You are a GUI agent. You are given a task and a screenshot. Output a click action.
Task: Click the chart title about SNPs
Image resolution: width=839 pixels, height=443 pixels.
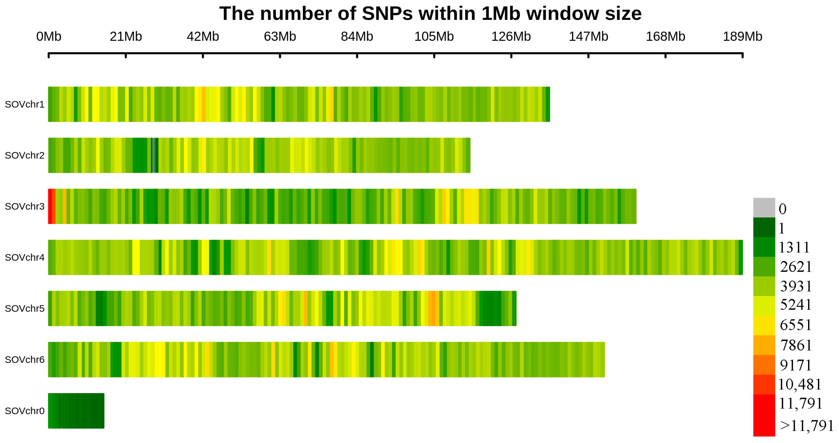tap(430, 14)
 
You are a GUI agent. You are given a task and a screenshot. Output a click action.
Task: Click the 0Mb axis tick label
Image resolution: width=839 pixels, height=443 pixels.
tap(48, 37)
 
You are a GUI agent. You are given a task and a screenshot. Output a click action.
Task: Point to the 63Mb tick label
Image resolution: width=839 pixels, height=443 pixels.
tap(280, 37)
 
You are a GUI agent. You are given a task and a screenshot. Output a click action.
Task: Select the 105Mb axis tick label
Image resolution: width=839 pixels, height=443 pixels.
tap(434, 37)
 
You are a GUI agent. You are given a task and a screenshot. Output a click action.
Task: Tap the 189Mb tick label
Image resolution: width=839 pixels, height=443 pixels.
tap(742, 37)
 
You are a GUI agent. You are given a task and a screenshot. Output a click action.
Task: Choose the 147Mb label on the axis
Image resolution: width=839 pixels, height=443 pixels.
tap(588, 37)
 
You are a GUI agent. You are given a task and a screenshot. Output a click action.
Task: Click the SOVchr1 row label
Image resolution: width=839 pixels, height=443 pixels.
tap(24, 105)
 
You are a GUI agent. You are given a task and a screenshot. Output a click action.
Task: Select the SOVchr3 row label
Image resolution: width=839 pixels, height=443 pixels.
tap(24, 206)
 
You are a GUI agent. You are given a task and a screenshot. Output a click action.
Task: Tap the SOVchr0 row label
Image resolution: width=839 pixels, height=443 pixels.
tap(24, 411)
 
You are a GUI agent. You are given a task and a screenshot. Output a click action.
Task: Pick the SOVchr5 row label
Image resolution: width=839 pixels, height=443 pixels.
tap(24, 308)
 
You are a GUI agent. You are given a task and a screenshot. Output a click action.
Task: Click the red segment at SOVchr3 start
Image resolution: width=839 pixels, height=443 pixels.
tap(50, 206)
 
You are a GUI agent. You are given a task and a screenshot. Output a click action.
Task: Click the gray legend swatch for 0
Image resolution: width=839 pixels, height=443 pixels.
tap(764, 208)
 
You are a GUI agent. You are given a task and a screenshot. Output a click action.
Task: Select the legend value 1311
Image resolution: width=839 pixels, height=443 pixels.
tap(794, 247)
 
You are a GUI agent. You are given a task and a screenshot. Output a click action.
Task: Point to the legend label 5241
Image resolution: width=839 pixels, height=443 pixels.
tap(796, 305)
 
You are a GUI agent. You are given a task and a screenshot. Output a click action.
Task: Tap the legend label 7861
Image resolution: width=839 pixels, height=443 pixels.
tap(796, 345)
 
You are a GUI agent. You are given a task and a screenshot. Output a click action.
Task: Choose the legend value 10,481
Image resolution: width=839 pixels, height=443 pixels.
tap(799, 385)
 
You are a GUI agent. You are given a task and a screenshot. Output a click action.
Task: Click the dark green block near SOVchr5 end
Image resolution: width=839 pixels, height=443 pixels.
tap(490, 308)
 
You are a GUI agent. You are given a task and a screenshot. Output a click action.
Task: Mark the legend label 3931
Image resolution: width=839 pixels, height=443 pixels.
tap(796, 286)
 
